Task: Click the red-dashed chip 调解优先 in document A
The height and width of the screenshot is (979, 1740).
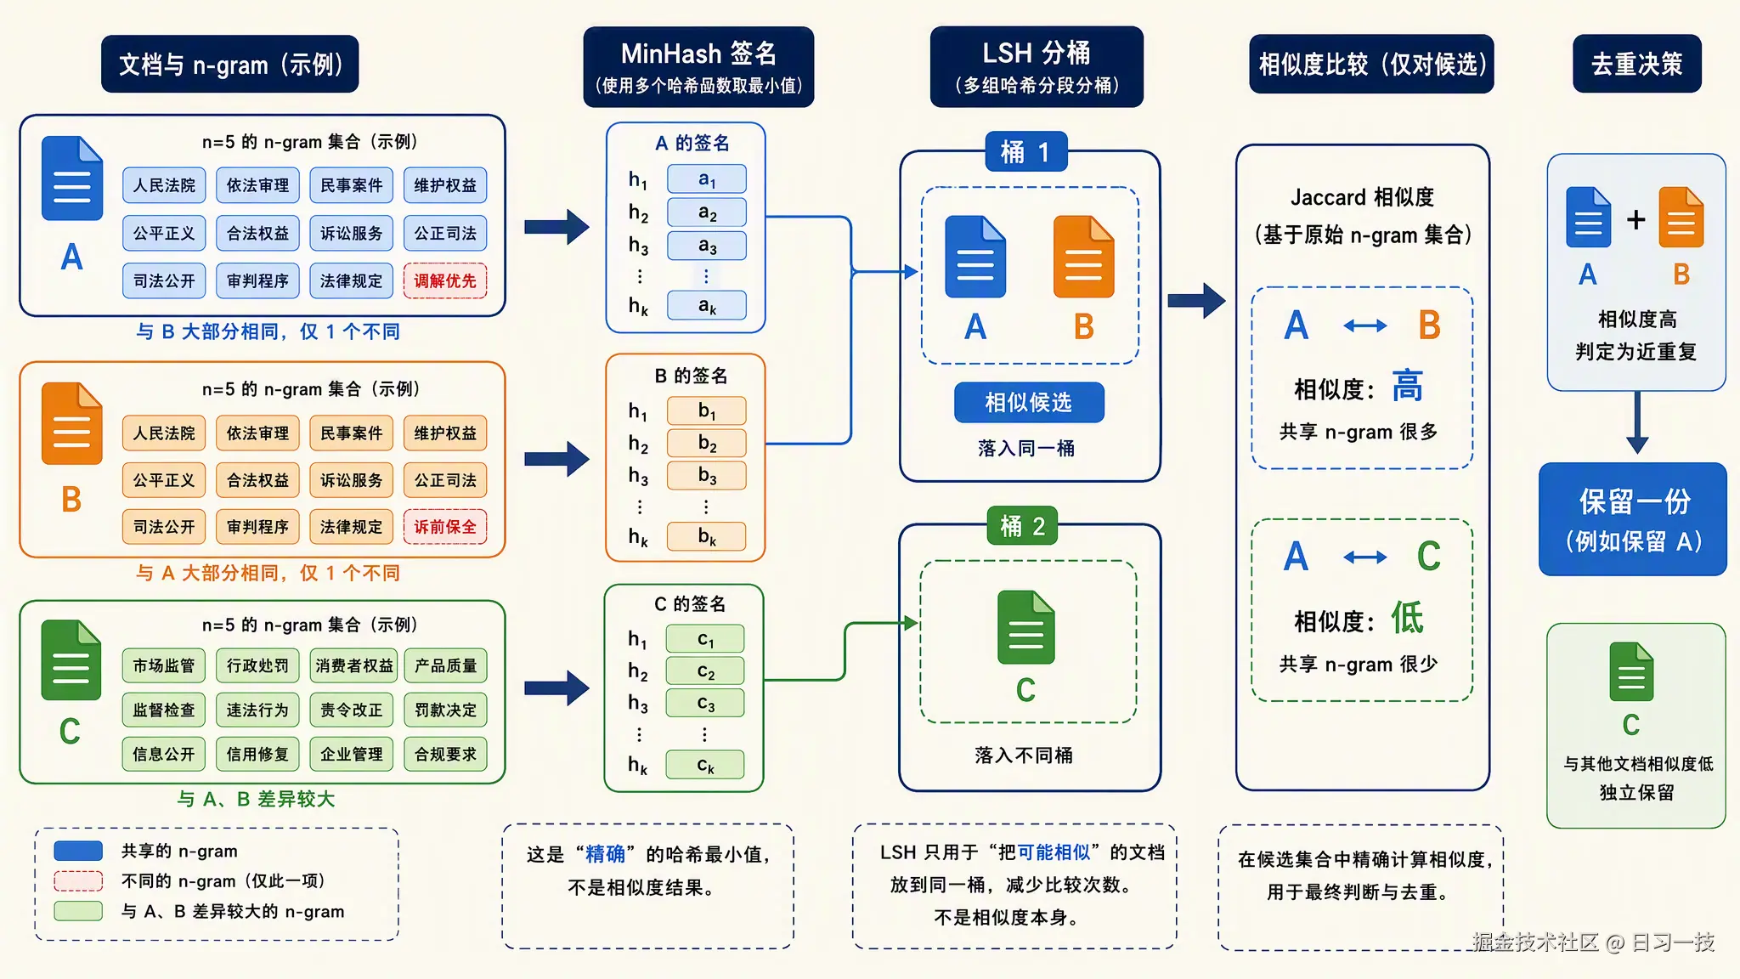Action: click(x=445, y=280)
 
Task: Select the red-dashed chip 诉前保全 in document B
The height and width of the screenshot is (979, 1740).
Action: click(x=445, y=527)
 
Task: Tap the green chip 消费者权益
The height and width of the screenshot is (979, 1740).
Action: click(x=354, y=665)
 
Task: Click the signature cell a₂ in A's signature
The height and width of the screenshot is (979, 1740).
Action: click(x=707, y=212)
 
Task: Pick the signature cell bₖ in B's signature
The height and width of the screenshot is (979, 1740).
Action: click(x=707, y=536)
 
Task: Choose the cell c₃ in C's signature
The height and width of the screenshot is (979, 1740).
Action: click(x=705, y=704)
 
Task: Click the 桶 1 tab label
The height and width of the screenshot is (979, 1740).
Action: click(x=1026, y=152)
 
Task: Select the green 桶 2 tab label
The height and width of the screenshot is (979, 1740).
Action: click(x=1023, y=526)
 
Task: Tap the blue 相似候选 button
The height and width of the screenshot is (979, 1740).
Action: click(x=1029, y=402)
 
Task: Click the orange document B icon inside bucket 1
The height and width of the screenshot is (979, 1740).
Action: click(x=1084, y=257)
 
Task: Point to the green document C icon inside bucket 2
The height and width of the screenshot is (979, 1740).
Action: click(x=1026, y=627)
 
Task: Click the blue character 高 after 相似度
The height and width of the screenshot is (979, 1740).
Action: click(x=1407, y=387)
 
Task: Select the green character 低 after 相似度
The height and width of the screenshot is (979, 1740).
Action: click(x=1407, y=618)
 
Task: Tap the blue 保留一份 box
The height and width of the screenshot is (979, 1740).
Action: click(x=1633, y=519)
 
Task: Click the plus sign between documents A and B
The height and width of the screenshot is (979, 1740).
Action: click(x=1636, y=219)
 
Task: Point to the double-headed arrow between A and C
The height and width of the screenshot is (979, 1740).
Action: click(x=1365, y=557)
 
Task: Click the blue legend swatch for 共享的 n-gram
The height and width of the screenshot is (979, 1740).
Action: click(x=78, y=851)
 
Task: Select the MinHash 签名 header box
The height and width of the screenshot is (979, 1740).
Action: click(x=698, y=66)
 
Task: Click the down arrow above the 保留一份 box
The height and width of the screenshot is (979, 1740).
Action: click(x=1637, y=422)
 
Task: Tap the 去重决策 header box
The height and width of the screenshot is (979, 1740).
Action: click(x=1636, y=64)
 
